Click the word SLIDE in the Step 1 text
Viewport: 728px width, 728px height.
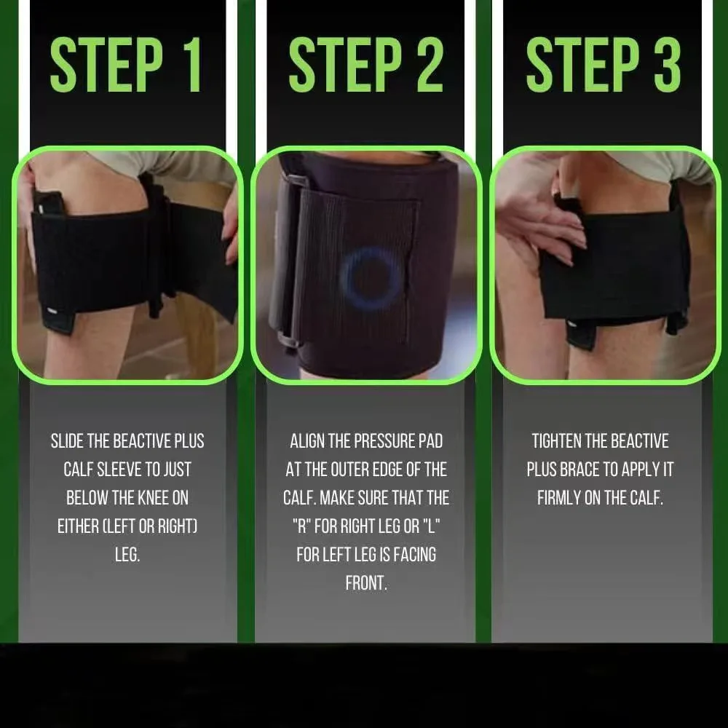tap(70, 441)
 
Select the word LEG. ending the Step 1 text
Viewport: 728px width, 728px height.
tap(127, 555)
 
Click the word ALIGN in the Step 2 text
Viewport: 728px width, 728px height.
tap(309, 441)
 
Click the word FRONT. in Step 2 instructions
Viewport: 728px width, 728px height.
tap(366, 583)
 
